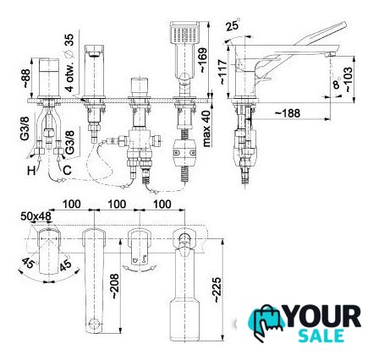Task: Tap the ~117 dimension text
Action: [222, 72]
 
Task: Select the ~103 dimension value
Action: [348, 79]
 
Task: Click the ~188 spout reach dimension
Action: [288, 113]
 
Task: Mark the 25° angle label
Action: [233, 25]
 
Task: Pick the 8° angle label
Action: [337, 84]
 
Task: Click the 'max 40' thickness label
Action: [206, 128]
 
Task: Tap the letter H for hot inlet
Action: [31, 170]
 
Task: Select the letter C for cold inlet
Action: [67, 170]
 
